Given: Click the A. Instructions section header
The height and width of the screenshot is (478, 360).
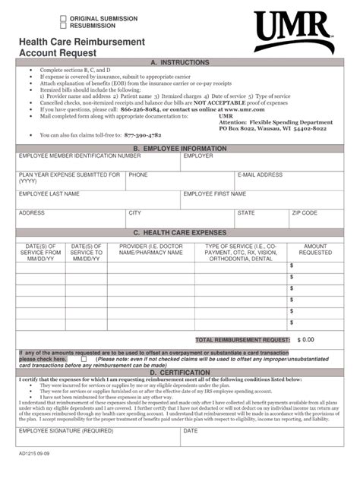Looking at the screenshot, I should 179,61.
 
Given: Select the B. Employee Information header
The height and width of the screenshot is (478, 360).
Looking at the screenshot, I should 179,149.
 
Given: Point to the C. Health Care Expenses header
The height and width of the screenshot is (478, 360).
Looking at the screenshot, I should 179,233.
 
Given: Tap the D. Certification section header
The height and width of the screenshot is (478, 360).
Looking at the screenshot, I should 179,373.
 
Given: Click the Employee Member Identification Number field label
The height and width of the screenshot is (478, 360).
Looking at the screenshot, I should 80,156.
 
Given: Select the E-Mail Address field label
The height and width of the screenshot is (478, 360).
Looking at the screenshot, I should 260,175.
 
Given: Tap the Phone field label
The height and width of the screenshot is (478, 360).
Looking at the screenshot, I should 138,175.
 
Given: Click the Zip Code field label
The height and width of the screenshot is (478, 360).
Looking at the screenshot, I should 305,213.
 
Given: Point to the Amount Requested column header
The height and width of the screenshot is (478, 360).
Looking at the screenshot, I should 315,250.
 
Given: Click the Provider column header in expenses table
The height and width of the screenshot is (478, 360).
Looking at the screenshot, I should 150,250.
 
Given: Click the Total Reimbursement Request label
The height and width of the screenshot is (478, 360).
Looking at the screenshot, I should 242,340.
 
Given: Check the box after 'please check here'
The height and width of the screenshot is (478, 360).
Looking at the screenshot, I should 84,359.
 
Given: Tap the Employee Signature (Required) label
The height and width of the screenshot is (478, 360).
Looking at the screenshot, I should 66,430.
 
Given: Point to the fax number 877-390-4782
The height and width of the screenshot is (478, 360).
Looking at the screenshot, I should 148,134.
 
